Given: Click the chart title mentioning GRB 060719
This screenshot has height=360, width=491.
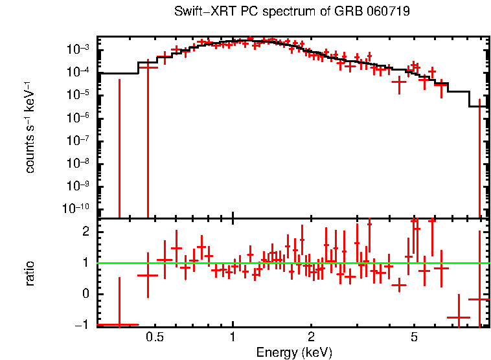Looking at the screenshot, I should [x=292, y=12].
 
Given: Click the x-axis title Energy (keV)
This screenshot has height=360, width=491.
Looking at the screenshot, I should [x=293, y=352].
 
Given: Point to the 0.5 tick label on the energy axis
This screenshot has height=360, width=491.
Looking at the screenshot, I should [x=154, y=337].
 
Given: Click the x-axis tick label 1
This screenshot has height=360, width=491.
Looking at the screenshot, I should [x=233, y=337].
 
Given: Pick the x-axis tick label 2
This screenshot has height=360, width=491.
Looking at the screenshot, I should [x=311, y=337].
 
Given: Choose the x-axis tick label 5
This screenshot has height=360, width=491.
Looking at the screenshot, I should [x=415, y=337].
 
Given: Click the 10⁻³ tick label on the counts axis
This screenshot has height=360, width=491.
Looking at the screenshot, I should [x=82, y=50].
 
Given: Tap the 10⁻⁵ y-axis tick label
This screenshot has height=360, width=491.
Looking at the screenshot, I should [x=82, y=95].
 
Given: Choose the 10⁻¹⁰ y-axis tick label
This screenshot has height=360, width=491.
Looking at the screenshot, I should [x=80, y=208].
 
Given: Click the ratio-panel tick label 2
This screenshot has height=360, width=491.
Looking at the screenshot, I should [x=85, y=232].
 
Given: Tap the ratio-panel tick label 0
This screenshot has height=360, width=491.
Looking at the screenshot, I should [x=85, y=294].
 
